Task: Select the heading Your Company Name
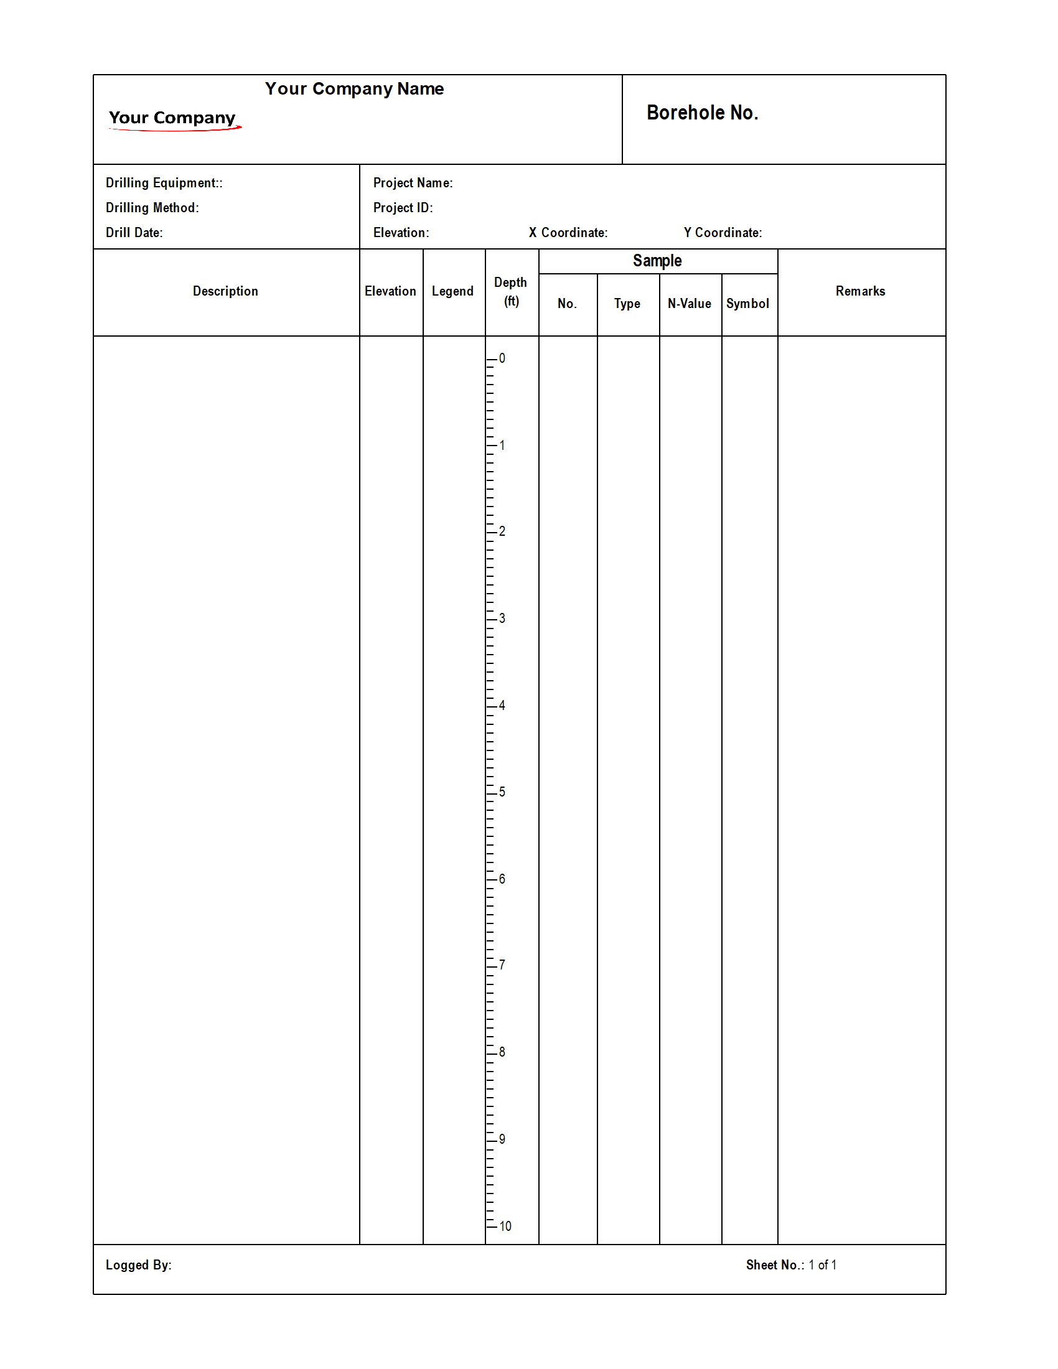point(354,89)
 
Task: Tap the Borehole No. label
point(702,113)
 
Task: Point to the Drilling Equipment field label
point(164,183)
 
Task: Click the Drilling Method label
point(152,208)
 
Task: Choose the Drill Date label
point(134,233)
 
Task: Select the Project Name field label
point(413,183)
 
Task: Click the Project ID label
point(403,208)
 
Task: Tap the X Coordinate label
point(568,233)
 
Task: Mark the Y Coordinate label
point(723,233)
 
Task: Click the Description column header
point(225,291)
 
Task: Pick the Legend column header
point(452,291)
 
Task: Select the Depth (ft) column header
point(511,292)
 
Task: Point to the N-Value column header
point(689,304)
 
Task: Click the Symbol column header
point(747,304)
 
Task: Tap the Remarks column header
point(860,291)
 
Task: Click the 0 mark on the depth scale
point(502,358)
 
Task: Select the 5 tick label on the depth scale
point(502,792)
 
